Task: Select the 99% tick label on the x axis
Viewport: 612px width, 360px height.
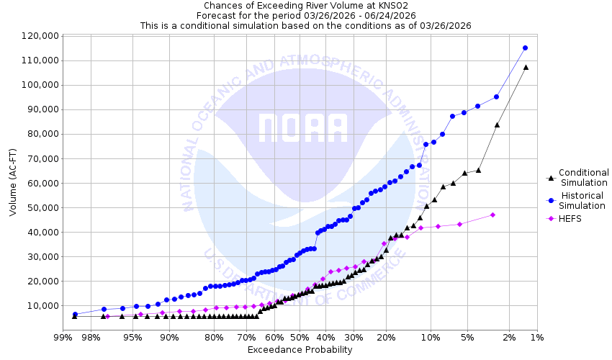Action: (x=63, y=337)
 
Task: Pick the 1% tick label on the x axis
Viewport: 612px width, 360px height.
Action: (x=536, y=337)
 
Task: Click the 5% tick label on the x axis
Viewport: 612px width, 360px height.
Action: (x=467, y=337)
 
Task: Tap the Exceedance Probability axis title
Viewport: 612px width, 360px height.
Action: (x=300, y=350)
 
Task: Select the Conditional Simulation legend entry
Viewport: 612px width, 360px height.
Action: (x=583, y=177)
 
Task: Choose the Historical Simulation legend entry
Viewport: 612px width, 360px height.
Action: (x=583, y=201)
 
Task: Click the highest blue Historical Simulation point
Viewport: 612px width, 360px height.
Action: (x=525, y=48)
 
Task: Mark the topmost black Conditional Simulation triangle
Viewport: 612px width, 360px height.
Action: (x=526, y=67)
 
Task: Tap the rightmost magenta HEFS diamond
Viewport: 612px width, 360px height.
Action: (x=492, y=215)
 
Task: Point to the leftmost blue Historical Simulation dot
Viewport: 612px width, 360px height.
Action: (x=75, y=315)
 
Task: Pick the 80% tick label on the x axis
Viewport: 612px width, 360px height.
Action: (x=213, y=337)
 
